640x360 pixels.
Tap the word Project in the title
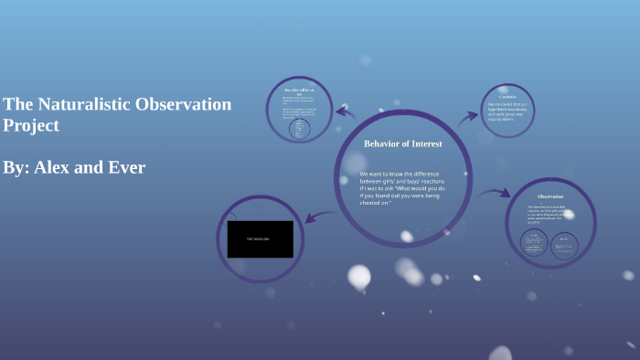(31, 125)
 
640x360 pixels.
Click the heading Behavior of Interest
(402, 143)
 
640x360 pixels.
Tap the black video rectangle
(260, 239)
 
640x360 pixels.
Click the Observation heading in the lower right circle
(549, 196)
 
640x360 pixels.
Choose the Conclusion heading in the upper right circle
(507, 96)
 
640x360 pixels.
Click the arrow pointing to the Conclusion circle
(467, 116)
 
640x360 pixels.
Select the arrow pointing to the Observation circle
(494, 193)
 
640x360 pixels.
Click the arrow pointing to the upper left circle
(346, 112)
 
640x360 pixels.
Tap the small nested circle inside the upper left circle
(299, 128)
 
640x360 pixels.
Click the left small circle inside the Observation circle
(534, 243)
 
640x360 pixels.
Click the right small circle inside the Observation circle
(565, 244)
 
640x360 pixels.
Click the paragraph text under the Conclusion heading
(507, 111)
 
